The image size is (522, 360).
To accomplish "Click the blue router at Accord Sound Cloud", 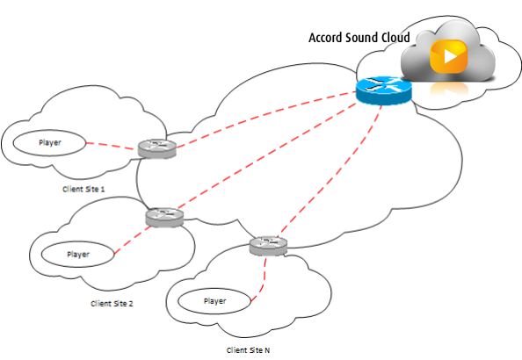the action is (x=383, y=90).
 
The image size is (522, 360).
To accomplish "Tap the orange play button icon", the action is (x=449, y=56).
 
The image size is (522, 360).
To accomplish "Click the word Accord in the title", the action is (x=326, y=38).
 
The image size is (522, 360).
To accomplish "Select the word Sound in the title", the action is (x=362, y=38).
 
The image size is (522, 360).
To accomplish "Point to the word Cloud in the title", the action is (x=395, y=38).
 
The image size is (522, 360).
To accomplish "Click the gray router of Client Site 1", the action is (x=157, y=148).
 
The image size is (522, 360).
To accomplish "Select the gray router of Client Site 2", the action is (x=164, y=217).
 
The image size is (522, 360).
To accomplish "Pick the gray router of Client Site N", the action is (x=268, y=246).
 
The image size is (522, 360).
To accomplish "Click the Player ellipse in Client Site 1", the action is (x=49, y=143).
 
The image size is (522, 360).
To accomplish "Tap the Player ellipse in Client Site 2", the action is (x=78, y=255).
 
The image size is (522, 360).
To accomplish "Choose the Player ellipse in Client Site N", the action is (x=214, y=301).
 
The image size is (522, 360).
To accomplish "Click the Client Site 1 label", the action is (x=83, y=190).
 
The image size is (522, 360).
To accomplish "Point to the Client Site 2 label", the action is (x=112, y=304).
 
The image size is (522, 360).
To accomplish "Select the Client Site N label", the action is (x=248, y=350).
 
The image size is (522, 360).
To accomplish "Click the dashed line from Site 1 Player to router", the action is (x=112, y=146).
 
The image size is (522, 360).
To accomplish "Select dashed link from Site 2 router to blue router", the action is (x=267, y=155).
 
